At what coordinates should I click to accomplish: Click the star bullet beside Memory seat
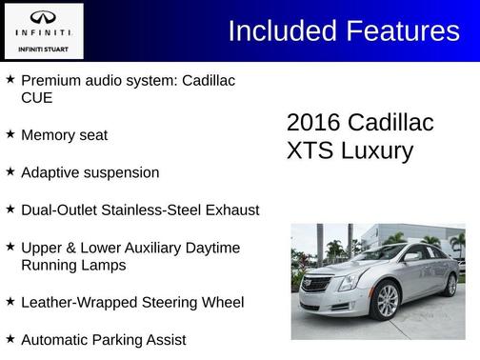pyautogui.click(x=10, y=134)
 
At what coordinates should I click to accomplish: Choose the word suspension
pyautogui.click(x=125, y=173)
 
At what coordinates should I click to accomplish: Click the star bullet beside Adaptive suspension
pyautogui.click(x=10, y=171)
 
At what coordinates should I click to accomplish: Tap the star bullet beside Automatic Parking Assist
pyautogui.click(x=10, y=337)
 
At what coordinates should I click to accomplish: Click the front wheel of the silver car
pyautogui.click(x=387, y=300)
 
